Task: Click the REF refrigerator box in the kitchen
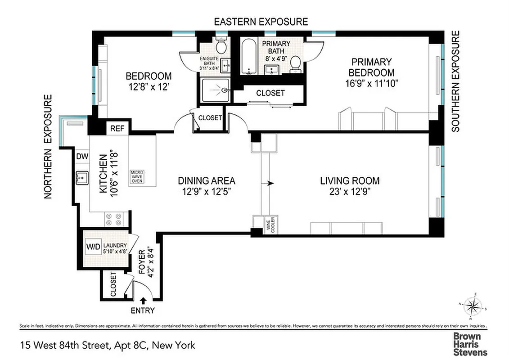tap(117, 128)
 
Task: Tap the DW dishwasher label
tap(82, 157)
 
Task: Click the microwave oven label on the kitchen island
tap(137, 177)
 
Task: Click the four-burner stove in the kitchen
tap(113, 219)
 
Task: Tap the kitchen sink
tap(81, 178)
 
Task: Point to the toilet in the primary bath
tap(295, 63)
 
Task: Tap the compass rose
tap(473, 307)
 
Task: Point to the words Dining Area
tap(206, 181)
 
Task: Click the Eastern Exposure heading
tap(261, 22)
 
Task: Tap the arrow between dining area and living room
tap(270, 183)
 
